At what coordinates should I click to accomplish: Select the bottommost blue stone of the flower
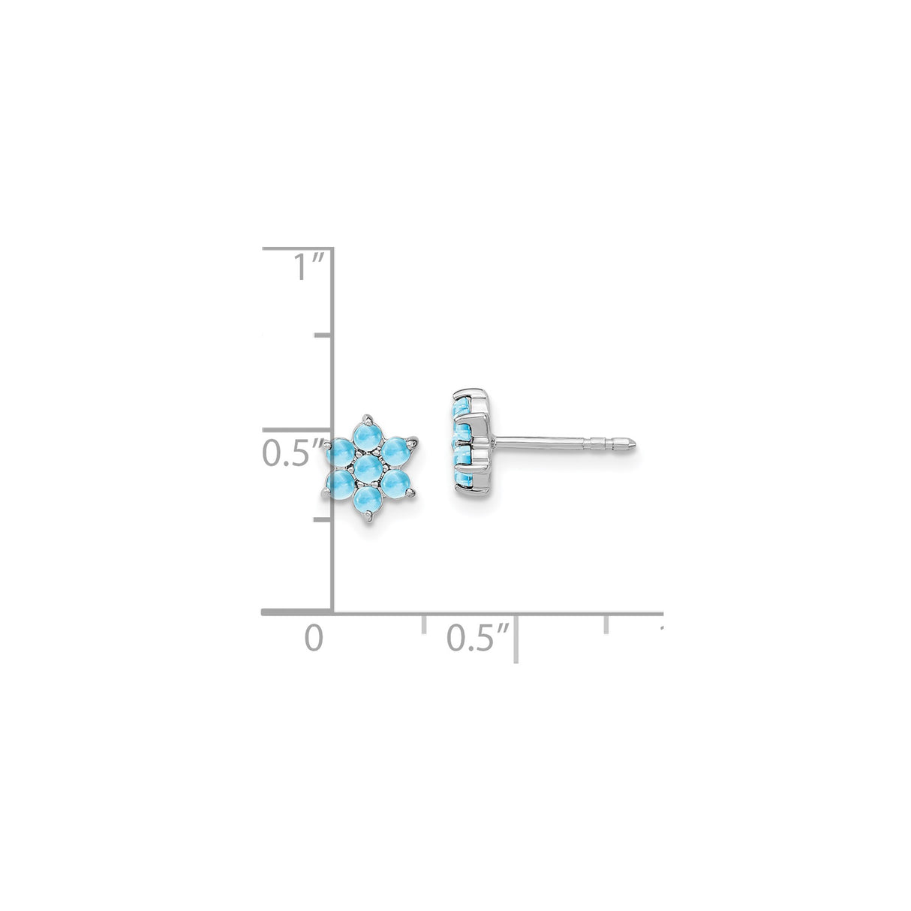368,501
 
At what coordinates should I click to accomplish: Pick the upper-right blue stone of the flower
395,449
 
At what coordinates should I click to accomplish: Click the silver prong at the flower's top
367,415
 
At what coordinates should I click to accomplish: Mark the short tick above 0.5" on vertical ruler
323,335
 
